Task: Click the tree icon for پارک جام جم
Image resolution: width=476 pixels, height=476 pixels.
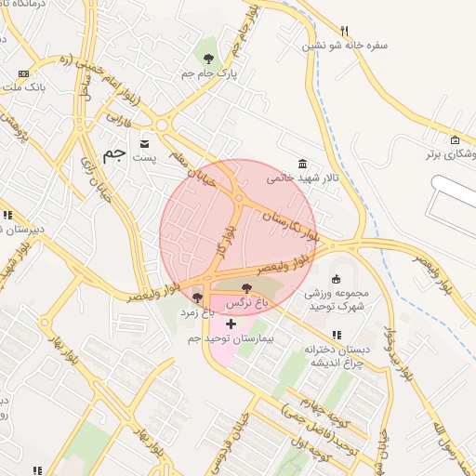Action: point(208,58)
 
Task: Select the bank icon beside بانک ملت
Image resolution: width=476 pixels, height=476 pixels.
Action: point(22,73)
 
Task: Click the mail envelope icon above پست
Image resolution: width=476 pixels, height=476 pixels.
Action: point(145,143)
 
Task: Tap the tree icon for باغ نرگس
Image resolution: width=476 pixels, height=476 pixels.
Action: point(245,288)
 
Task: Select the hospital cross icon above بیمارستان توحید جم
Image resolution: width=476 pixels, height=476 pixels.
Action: point(231,323)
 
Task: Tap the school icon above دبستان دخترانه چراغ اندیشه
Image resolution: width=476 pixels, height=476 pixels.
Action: point(336,335)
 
